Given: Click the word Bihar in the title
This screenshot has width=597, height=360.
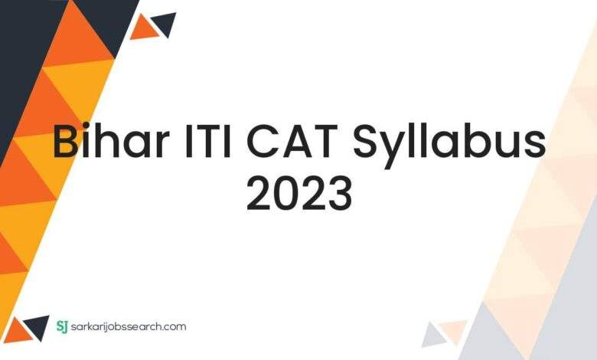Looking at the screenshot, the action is pos(111,139).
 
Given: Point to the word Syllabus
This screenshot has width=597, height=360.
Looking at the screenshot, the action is pos(449,145).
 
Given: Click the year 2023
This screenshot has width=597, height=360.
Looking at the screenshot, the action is pos(299,195).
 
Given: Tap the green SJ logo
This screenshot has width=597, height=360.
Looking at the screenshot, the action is pos(62,326).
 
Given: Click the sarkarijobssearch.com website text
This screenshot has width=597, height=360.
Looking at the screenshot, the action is pos(129,327).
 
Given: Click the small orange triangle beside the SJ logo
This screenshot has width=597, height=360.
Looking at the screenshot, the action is pos(18,331).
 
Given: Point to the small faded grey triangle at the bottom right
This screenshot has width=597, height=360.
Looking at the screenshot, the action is pos(433,336).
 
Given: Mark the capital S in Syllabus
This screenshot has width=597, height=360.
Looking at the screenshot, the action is pos(367,141).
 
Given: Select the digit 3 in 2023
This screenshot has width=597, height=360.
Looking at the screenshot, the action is pos(340,195).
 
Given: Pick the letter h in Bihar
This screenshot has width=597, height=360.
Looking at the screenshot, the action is pos(113,140).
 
